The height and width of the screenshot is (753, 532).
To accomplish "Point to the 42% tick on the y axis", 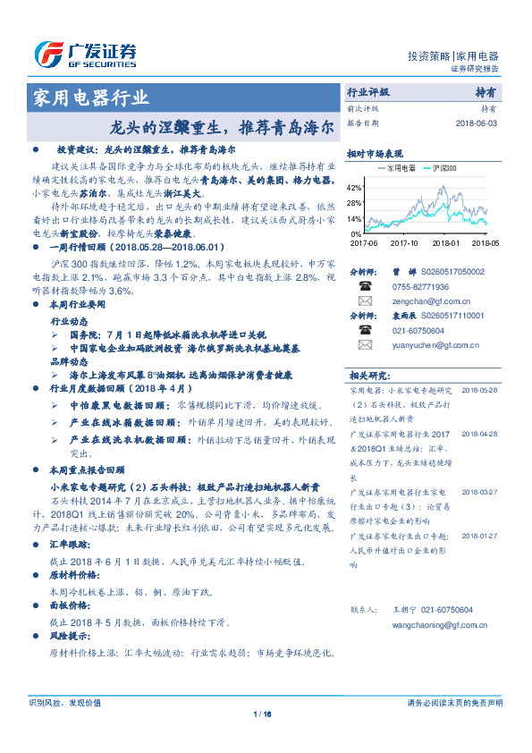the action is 353,188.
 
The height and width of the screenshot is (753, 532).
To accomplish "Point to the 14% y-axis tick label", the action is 353,218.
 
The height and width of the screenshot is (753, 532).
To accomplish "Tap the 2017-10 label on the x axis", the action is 403,241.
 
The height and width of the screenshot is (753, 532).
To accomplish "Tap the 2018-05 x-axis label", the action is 485,241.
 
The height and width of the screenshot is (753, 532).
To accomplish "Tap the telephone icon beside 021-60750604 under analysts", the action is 365,330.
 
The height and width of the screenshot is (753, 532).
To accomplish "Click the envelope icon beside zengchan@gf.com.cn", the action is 365,301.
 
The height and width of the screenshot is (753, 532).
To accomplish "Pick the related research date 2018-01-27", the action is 480,536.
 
